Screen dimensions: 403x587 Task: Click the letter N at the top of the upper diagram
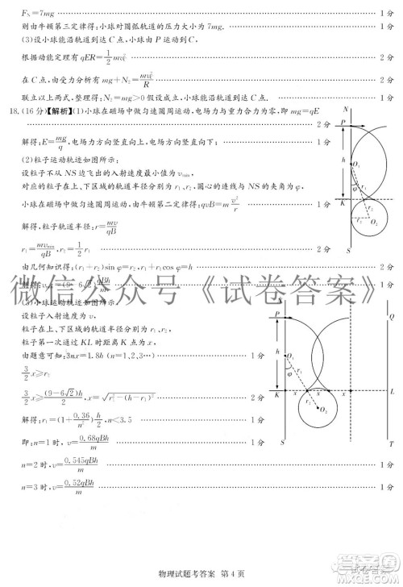pos(347,108)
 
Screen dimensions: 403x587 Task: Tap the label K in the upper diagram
pos(343,203)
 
